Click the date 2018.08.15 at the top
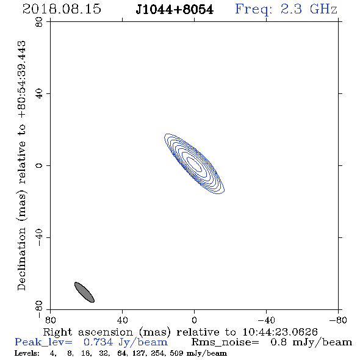[62, 9]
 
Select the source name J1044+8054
[175, 10]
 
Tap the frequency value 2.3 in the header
[291, 9]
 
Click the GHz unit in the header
[324, 9]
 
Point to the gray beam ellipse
[84, 292]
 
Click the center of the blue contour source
[195, 164]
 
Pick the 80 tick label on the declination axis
[39, 22]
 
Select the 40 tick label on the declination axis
[39, 94]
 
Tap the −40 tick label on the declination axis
[39, 237]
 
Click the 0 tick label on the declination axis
[39, 165]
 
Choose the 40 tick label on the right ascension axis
[123, 320]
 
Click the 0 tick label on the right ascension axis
[195, 320]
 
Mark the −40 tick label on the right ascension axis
[266, 320]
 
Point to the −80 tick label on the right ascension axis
[338, 320]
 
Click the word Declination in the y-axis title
[21, 259]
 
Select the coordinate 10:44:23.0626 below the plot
[280, 332]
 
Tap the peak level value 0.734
[98, 342]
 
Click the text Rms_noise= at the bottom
[225, 342]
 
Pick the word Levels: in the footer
[27, 353]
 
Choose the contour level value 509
[176, 353]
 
